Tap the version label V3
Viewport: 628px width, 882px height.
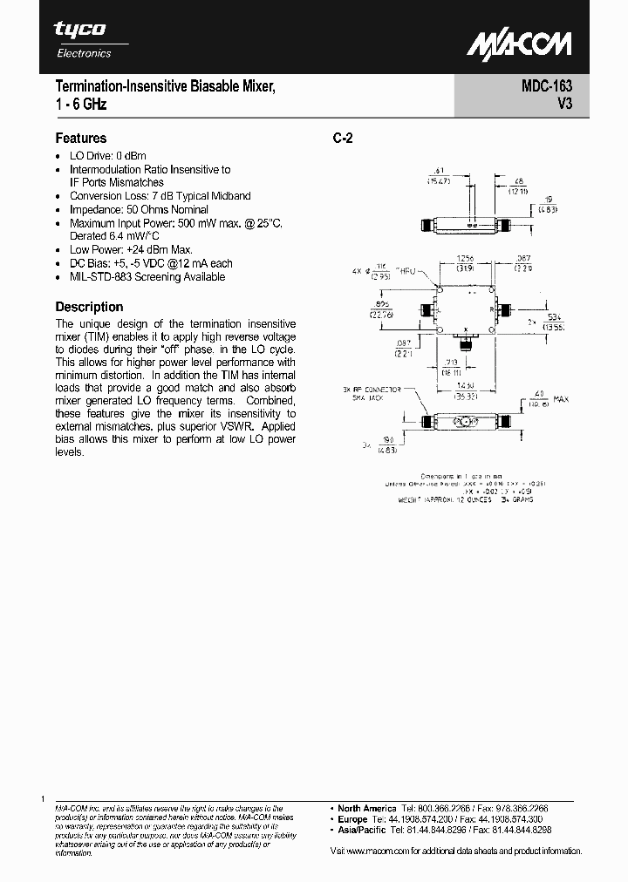pyautogui.click(x=563, y=105)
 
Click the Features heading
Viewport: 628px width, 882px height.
pyautogui.click(x=81, y=138)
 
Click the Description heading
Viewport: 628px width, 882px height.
pyautogui.click(x=89, y=307)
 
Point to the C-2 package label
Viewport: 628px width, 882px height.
pyautogui.click(x=343, y=139)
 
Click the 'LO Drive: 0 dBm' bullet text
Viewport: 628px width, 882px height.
pyautogui.click(x=108, y=156)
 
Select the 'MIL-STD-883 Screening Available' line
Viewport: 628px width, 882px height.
pyautogui.click(x=147, y=276)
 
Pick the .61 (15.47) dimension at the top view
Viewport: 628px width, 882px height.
pyautogui.click(x=439, y=175)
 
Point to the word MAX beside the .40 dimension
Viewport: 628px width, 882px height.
pyautogui.click(x=560, y=399)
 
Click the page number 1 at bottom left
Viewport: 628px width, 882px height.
pyautogui.click(x=43, y=798)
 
